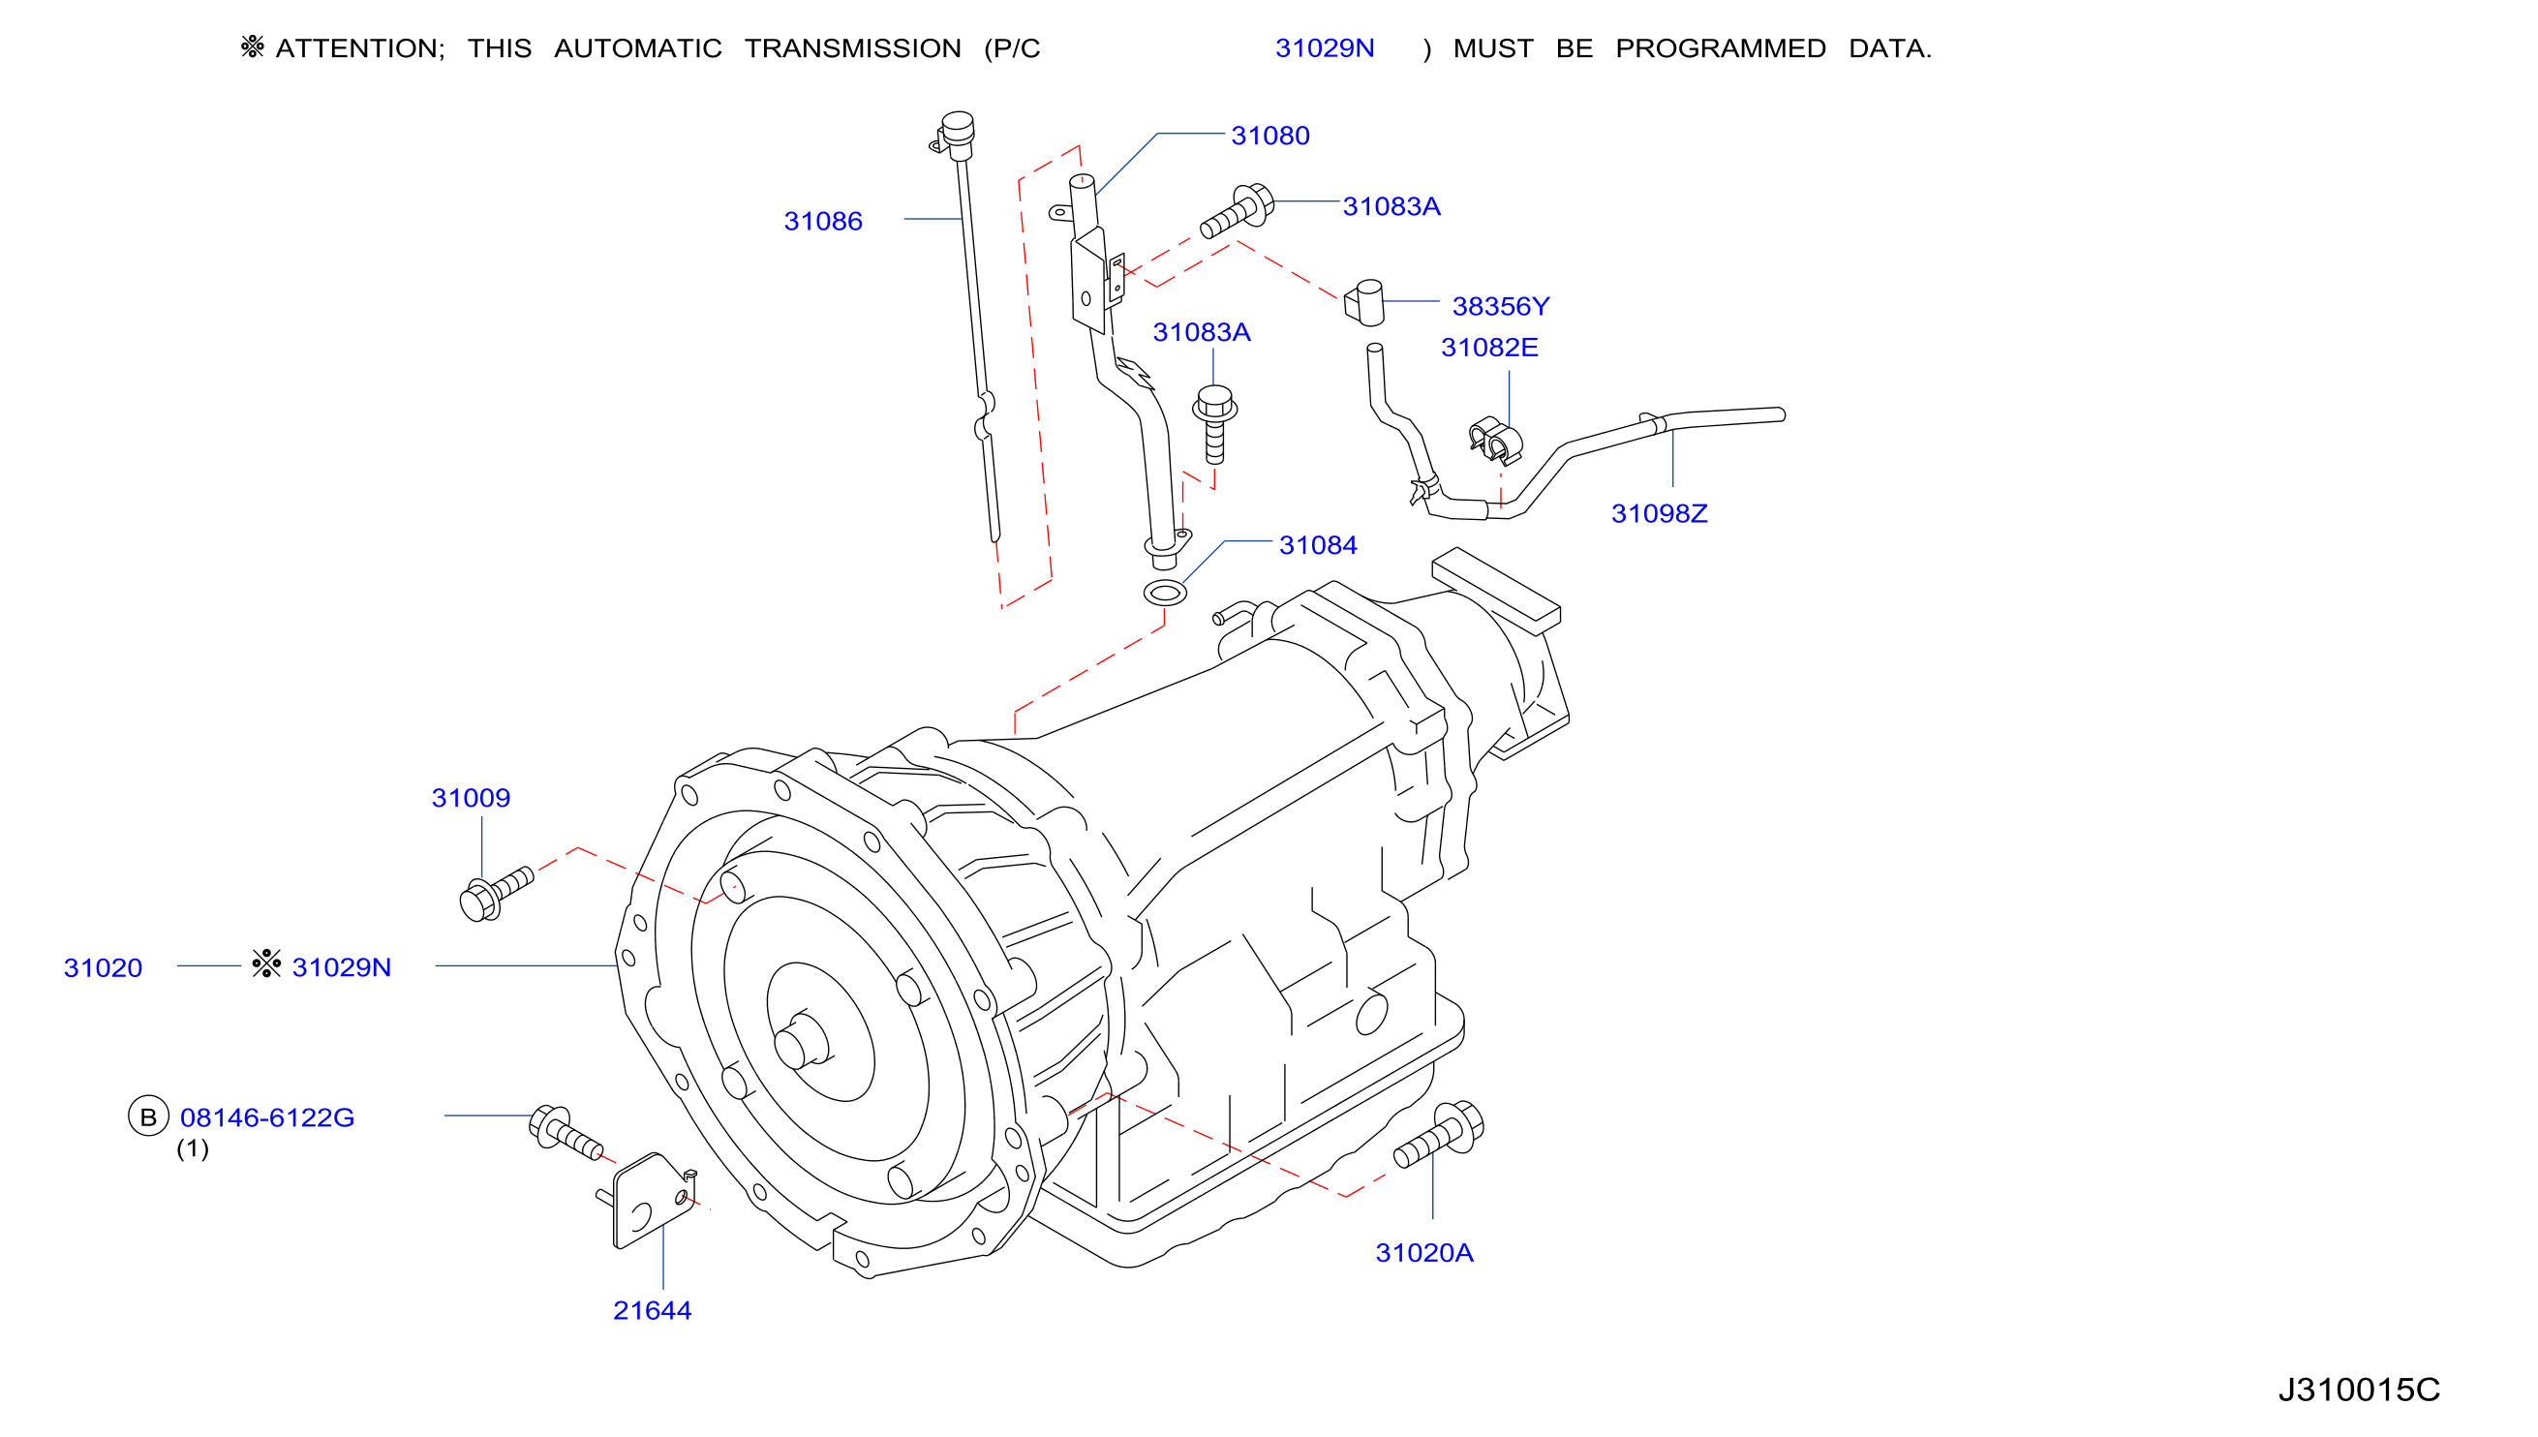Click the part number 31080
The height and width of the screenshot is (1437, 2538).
pyautogui.click(x=1270, y=136)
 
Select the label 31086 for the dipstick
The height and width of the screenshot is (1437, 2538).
pyautogui.click(x=823, y=221)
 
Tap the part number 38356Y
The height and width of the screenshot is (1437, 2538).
pyautogui.click(x=1501, y=306)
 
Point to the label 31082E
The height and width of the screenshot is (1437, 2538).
pyautogui.click(x=1489, y=348)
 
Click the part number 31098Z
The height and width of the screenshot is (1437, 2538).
pyautogui.click(x=1659, y=513)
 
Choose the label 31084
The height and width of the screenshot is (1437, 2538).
pyautogui.click(x=1318, y=545)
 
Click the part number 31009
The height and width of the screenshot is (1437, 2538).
pyautogui.click(x=471, y=798)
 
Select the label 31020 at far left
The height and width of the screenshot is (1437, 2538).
pyautogui.click(x=103, y=967)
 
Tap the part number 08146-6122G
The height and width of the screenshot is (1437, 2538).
pyautogui.click(x=266, y=1117)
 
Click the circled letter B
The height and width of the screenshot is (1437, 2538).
pyautogui.click(x=148, y=1116)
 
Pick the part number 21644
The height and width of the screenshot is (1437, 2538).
pyautogui.click(x=653, y=1311)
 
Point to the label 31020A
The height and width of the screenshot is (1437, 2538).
pyautogui.click(x=1423, y=1252)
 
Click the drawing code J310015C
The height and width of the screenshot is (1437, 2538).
pyautogui.click(x=2359, y=1390)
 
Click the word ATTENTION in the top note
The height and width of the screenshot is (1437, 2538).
pyautogui.click(x=360, y=48)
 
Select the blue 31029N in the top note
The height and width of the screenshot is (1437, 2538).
pyautogui.click(x=1325, y=48)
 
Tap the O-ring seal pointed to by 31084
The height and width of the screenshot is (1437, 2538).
pyautogui.click(x=1164, y=594)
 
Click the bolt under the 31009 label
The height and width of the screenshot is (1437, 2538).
pyautogui.click(x=496, y=893)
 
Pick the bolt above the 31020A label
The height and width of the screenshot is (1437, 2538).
pyautogui.click(x=1439, y=1134)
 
